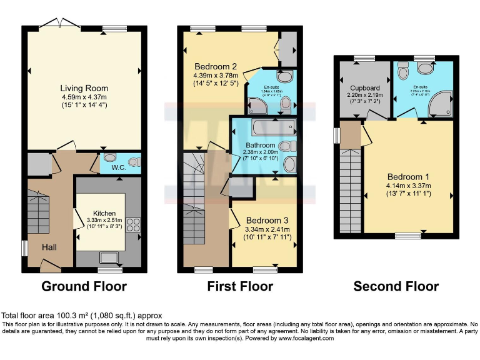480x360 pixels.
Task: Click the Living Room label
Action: tap(84, 87)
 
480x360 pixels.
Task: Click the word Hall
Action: tap(49, 247)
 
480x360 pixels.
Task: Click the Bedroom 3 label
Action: tap(267, 221)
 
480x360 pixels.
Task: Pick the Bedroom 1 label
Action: tap(409, 176)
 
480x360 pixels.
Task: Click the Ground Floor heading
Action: tap(84, 287)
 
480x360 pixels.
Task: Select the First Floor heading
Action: tap(240, 287)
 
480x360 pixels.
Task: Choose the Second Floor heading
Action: tap(396, 287)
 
